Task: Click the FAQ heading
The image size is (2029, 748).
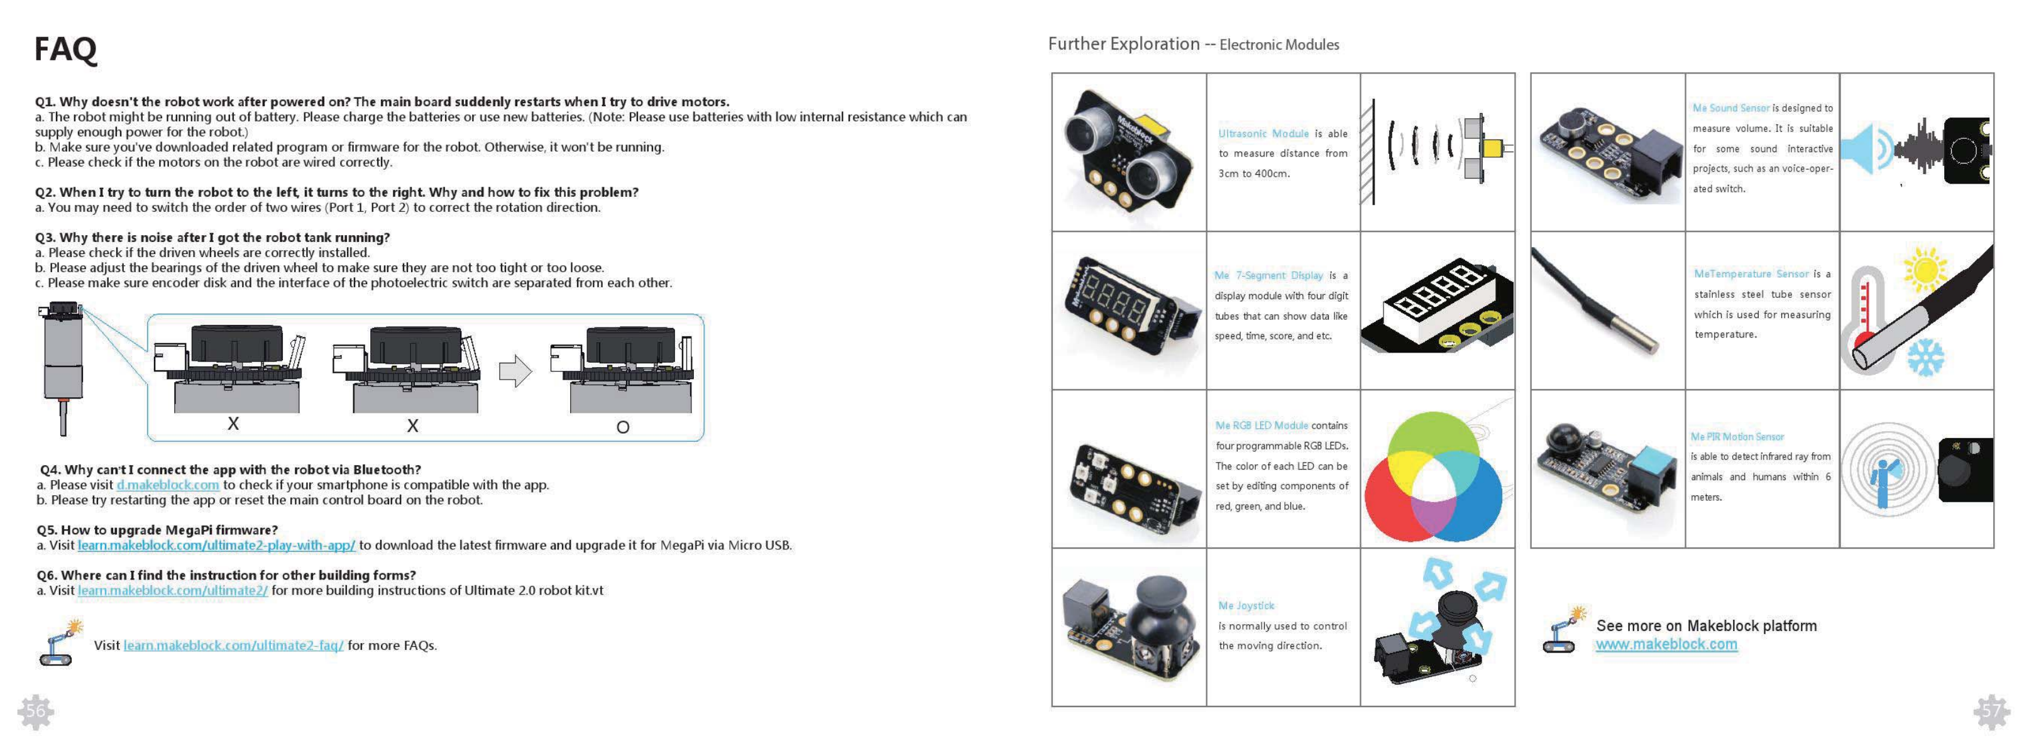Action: (65, 49)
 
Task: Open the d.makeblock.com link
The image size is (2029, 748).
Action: (168, 485)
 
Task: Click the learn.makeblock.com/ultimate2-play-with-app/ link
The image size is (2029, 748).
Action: (217, 545)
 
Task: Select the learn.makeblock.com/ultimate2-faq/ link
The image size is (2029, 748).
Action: (233, 646)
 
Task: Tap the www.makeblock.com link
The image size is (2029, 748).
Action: (1666, 645)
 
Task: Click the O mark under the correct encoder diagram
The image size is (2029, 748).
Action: (622, 427)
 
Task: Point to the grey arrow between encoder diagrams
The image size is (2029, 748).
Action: (515, 371)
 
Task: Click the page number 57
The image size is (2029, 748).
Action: (1991, 712)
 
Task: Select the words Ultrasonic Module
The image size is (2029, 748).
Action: (1263, 134)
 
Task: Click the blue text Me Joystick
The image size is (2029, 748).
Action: (1246, 605)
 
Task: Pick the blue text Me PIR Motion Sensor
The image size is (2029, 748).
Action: (1737, 437)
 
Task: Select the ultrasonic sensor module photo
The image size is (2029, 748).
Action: (1127, 151)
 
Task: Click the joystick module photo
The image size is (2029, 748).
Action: (1127, 627)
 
